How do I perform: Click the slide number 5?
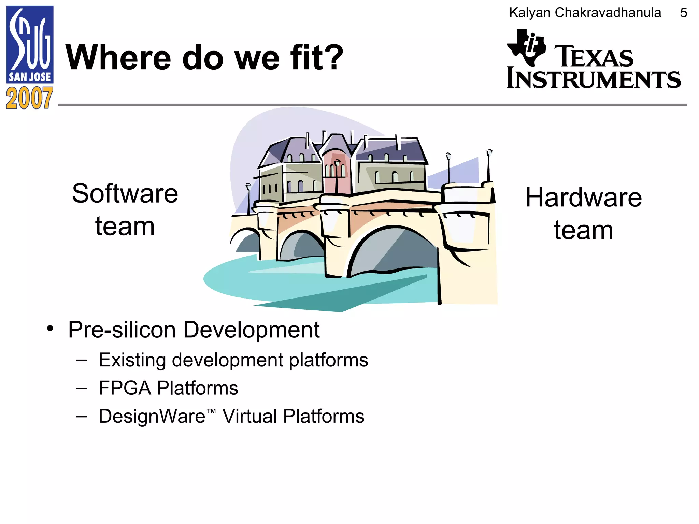click(683, 13)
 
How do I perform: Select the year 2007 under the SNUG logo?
click(30, 98)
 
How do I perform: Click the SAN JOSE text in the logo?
click(30, 77)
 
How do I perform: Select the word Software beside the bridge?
click(125, 194)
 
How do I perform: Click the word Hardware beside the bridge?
click(583, 198)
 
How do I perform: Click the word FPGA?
click(125, 388)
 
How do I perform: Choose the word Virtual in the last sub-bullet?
click(249, 416)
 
